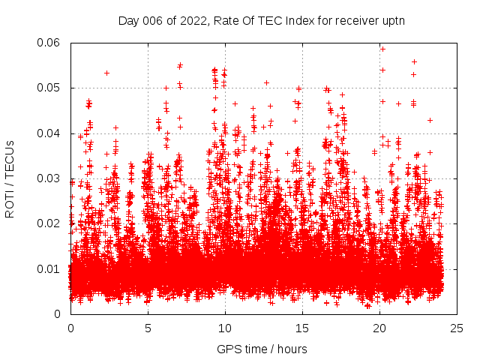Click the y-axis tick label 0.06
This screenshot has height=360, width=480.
point(51,43)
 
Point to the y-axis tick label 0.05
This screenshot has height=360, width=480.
point(51,88)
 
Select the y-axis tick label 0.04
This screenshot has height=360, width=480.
point(51,133)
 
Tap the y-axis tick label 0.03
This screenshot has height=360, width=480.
point(51,178)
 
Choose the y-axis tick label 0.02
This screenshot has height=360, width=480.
point(51,223)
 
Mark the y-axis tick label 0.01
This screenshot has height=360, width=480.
point(51,268)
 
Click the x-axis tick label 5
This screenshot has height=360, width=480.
point(148,328)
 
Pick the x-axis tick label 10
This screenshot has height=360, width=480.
point(225,328)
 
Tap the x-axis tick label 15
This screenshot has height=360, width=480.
point(302,328)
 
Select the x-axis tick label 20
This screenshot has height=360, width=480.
point(379,328)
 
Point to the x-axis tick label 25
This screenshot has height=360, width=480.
point(457,328)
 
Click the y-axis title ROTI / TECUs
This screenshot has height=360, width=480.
point(10,178)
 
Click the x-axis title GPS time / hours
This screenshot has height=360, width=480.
point(262,349)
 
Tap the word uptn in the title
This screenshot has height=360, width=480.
point(394,20)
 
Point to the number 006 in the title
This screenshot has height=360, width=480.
point(153,20)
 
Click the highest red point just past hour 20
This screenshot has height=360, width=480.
point(382,49)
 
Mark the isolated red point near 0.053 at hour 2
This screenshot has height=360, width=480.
point(106,73)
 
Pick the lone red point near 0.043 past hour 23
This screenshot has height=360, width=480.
point(430,120)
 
